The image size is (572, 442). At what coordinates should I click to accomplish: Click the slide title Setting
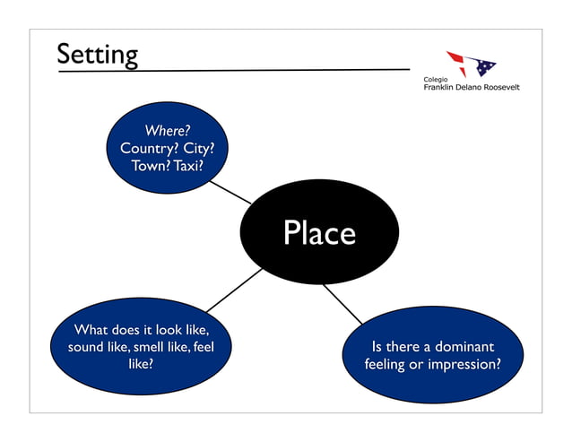point(97,55)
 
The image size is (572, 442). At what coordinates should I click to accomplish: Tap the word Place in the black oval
point(319,233)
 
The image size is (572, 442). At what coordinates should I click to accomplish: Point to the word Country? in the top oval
point(149,149)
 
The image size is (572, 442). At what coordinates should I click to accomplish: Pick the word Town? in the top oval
point(151,166)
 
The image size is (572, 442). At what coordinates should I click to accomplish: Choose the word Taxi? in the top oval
point(190,166)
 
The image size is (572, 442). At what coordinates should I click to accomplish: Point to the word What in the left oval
point(91,329)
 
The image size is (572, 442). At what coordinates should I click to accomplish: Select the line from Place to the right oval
point(342,305)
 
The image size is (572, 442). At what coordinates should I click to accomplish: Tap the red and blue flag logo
point(470,63)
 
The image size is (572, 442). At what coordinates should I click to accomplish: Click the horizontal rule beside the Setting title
point(269,69)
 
